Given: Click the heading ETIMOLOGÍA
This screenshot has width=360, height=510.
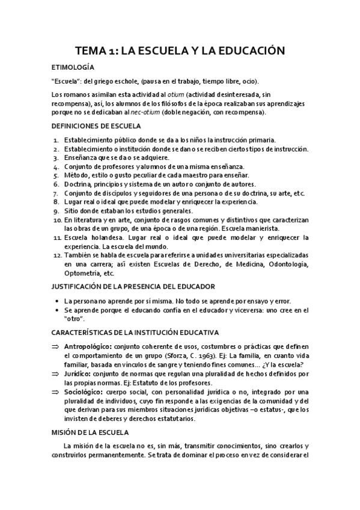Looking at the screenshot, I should click(x=73, y=67).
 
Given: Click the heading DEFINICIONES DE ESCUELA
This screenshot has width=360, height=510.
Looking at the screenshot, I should click(x=97, y=126).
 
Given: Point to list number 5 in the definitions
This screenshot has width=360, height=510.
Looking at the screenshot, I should click(x=56, y=175).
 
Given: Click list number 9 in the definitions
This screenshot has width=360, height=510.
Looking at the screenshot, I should click(x=56, y=211).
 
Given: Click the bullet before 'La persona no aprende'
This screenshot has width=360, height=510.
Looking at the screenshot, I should click(x=55, y=300).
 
